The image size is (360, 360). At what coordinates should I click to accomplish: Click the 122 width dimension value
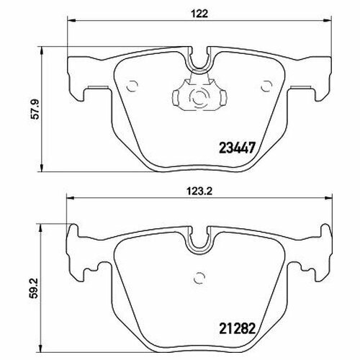click(x=199, y=14)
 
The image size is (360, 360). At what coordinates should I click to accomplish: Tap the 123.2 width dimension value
click(x=199, y=192)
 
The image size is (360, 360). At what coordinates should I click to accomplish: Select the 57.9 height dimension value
click(x=36, y=109)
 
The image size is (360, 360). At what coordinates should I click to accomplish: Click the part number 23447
click(x=236, y=148)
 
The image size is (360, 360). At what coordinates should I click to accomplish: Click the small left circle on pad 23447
click(x=132, y=86)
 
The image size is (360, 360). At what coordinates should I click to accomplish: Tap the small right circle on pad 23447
click(x=266, y=86)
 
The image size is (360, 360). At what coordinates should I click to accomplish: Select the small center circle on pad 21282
click(x=199, y=278)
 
